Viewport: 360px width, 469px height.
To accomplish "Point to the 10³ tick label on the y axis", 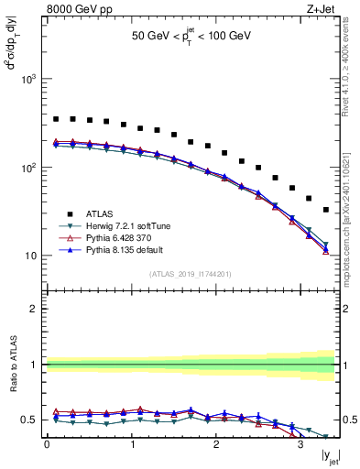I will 31,80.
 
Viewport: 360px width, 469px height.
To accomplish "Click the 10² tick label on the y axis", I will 31,169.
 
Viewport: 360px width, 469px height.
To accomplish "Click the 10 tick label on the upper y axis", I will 33,256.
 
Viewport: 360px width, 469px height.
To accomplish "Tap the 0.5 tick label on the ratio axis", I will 34,420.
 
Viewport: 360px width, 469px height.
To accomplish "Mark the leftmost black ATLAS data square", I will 56,119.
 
